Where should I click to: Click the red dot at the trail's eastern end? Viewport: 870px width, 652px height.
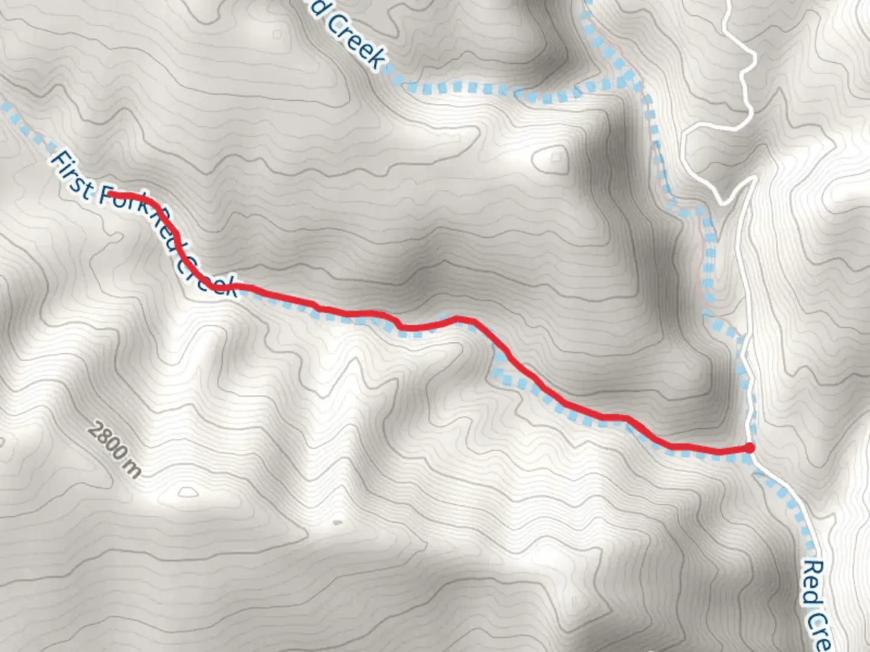coord(749,447)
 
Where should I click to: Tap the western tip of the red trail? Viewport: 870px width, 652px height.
coord(109,194)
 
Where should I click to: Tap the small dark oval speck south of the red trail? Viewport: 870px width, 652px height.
coord(338,522)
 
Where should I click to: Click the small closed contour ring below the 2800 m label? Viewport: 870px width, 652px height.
coord(188,493)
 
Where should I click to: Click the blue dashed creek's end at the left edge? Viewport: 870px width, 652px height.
coord(5,107)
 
